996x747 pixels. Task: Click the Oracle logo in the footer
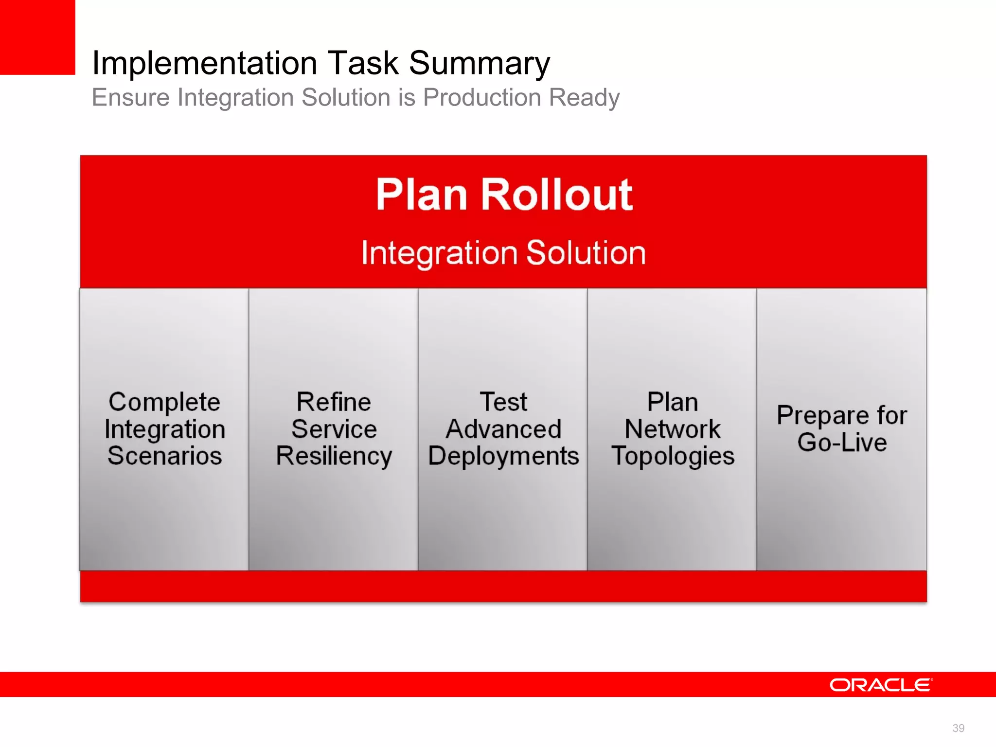[881, 685]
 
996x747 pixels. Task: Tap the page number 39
[958, 728]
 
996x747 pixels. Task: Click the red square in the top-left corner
[37, 37]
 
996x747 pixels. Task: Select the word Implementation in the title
[204, 63]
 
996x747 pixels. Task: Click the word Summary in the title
[480, 63]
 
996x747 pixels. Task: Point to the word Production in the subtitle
[482, 97]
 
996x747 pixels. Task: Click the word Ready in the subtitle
[584, 97]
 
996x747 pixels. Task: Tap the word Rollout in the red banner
[557, 195]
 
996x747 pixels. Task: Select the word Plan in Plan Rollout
[421, 195]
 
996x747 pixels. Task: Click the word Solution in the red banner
[586, 253]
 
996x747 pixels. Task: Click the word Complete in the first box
[164, 403]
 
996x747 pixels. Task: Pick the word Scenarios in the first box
[164, 456]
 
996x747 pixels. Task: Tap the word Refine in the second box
[334, 402]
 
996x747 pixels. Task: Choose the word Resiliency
[334, 457]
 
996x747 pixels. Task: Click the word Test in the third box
[503, 402]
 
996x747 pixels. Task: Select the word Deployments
[503, 457]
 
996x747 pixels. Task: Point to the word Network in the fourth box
[672, 429]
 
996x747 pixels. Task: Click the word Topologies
[673, 457]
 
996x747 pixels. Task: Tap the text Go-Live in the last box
[842, 443]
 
